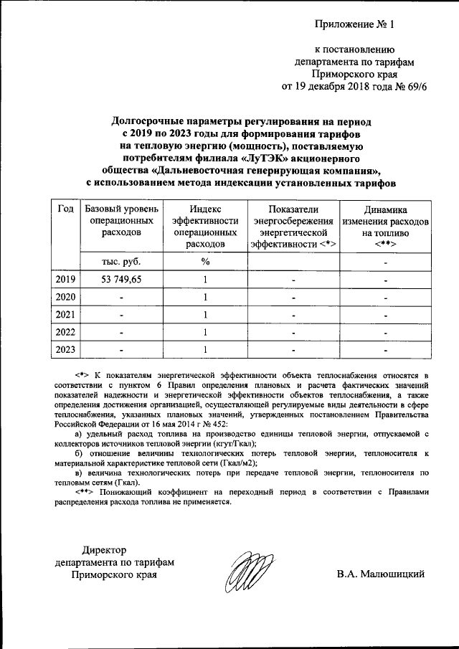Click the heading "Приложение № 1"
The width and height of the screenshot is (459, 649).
point(355,24)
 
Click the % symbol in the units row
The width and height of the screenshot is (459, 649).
point(205,262)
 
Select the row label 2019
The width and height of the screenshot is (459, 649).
point(65,279)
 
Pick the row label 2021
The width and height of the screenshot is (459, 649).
point(65,314)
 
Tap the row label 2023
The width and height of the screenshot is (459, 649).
point(65,349)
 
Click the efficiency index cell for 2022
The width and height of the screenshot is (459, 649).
point(205,332)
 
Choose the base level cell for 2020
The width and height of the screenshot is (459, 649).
point(121,297)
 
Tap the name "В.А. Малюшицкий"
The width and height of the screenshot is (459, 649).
point(382,574)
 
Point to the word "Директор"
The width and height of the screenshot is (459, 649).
point(104,549)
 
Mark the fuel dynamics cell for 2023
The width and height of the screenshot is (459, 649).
point(385,349)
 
